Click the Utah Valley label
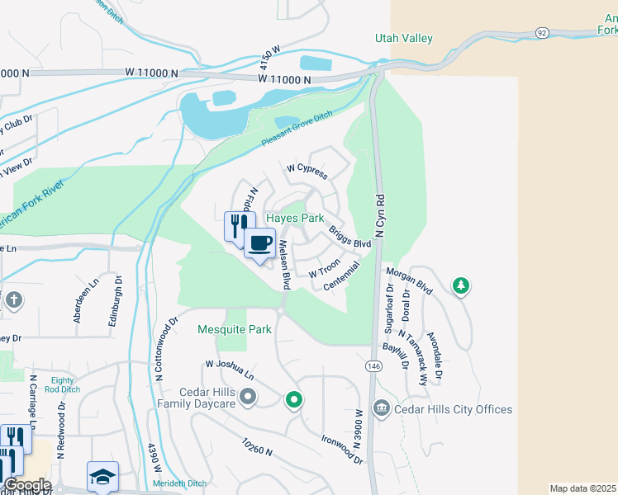(x=404, y=39)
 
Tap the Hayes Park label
(x=295, y=219)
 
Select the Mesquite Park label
(x=235, y=329)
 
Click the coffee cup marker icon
(x=259, y=243)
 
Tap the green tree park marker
(x=461, y=286)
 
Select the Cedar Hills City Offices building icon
(x=381, y=408)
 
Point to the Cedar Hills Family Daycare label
(x=196, y=398)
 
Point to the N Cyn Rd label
(x=381, y=217)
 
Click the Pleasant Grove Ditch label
(x=297, y=130)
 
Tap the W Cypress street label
(x=307, y=171)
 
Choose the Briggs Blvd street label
(x=349, y=238)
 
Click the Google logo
(x=26, y=485)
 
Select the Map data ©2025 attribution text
(x=582, y=488)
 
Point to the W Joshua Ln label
(x=230, y=369)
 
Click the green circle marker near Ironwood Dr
(x=293, y=401)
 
